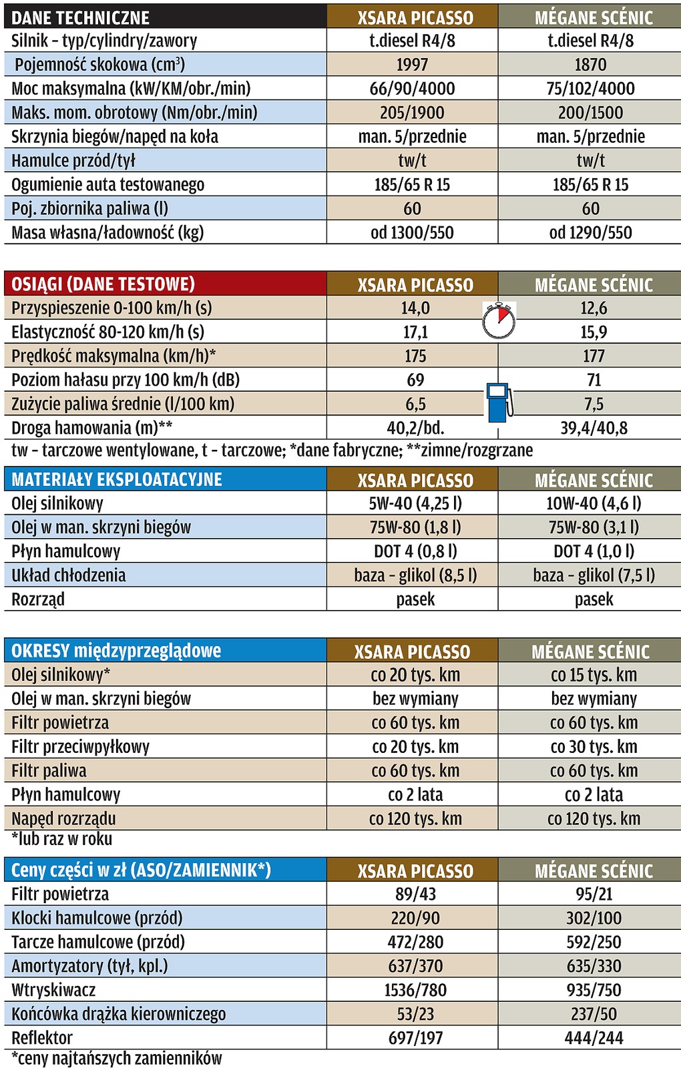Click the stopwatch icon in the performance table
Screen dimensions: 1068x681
click(499, 320)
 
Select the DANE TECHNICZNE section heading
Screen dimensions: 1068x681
click(81, 17)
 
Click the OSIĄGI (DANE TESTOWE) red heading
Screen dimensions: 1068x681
click(103, 284)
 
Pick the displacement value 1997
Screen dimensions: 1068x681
click(412, 65)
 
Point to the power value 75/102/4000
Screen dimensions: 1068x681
click(590, 89)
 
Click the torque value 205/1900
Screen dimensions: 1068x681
click(412, 113)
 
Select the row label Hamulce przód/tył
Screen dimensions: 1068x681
click(73, 161)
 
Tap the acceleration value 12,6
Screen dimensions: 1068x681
click(594, 308)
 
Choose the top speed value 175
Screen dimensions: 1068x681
click(415, 356)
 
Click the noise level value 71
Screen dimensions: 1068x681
click(594, 380)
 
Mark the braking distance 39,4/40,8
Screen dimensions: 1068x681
click(594, 429)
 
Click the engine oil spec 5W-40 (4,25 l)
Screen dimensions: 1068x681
click(415, 503)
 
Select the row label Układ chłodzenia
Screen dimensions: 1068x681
click(69, 575)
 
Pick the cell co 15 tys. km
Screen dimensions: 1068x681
click(594, 675)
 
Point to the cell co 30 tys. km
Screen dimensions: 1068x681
click(594, 747)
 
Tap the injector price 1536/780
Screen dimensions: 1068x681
click(415, 990)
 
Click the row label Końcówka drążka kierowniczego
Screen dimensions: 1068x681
click(119, 1014)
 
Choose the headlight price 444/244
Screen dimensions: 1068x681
click(594, 1038)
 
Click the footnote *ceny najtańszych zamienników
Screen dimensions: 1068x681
click(117, 1058)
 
